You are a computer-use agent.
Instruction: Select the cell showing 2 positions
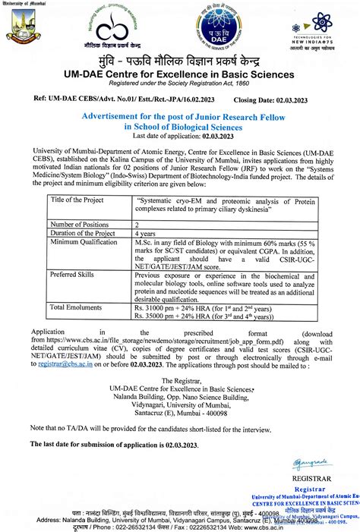coord(137,225)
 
